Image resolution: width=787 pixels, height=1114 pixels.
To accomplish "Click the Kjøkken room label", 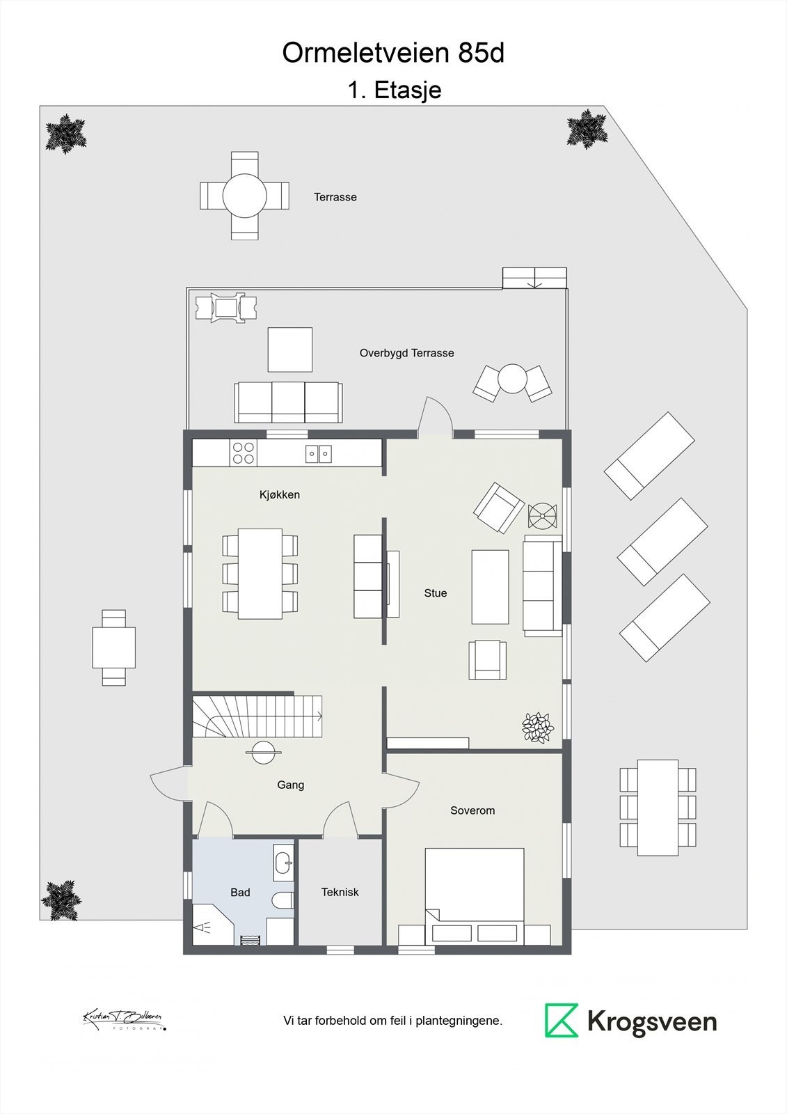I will (279, 495).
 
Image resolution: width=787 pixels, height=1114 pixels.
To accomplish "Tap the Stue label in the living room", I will (436, 593).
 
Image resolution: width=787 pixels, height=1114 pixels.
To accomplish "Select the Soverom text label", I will (472, 810).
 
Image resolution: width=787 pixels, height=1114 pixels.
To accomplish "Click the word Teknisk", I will (340, 892).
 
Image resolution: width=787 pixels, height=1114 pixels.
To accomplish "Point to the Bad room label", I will (240, 892).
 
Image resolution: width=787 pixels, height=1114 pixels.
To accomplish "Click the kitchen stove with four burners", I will (244, 453).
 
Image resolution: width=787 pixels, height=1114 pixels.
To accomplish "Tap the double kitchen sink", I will (319, 454).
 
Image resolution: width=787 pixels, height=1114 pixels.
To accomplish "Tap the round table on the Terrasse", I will (244, 196).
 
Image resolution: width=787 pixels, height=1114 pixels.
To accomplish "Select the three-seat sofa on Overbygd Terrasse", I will (288, 402).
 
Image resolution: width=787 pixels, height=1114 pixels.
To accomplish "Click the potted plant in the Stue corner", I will (538, 727).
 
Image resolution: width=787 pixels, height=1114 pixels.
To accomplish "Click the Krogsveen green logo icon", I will (562, 1021).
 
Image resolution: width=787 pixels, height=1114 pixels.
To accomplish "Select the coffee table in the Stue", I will (490, 586).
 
